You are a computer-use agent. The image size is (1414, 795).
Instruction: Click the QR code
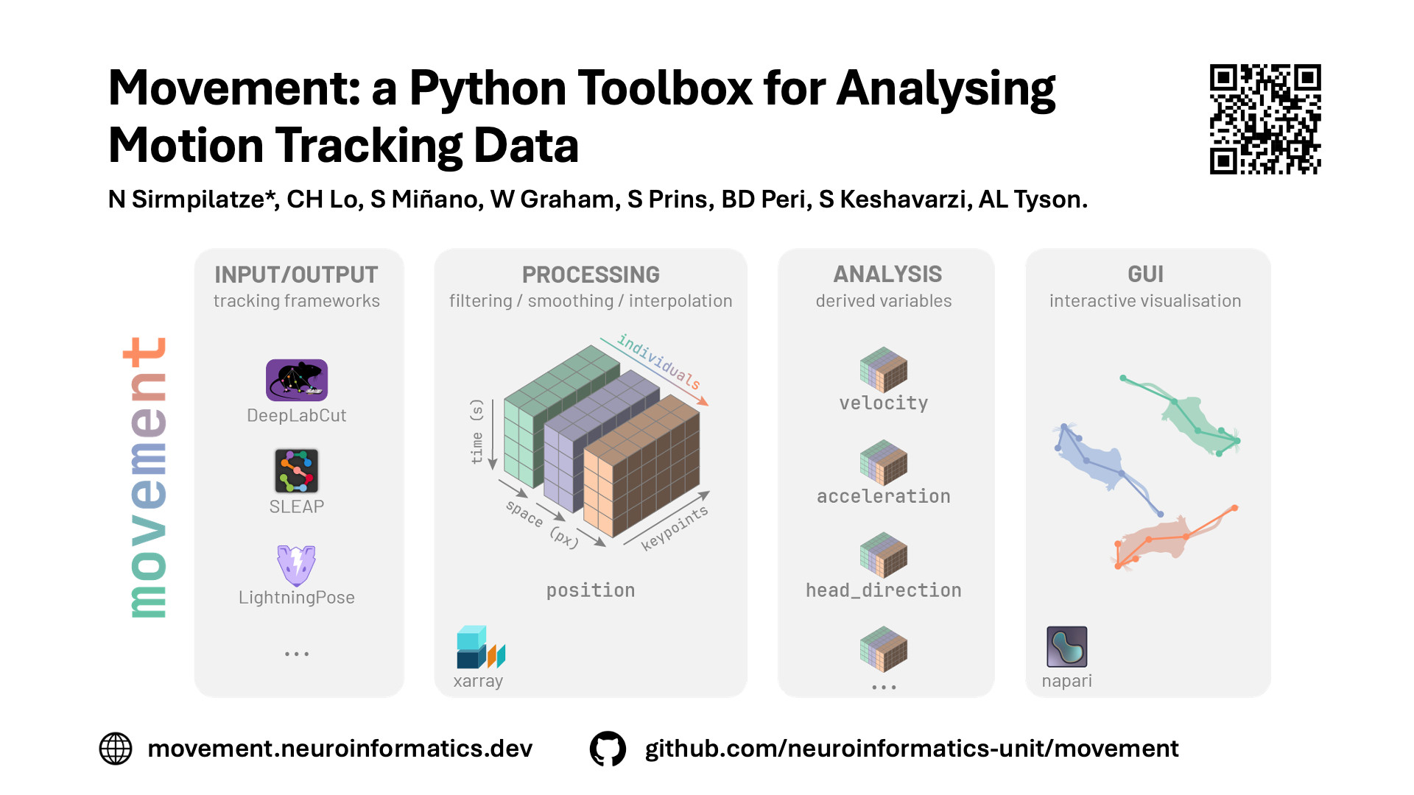[x=1265, y=119]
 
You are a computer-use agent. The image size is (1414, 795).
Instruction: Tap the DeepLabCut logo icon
[x=297, y=380]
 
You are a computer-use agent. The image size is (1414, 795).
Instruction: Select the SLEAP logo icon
[x=296, y=470]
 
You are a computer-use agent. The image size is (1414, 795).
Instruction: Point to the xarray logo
[x=480, y=647]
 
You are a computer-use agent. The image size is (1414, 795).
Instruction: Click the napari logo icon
[x=1066, y=646]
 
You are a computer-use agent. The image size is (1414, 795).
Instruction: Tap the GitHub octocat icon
[x=608, y=749]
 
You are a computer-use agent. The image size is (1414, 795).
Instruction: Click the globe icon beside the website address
[x=116, y=749]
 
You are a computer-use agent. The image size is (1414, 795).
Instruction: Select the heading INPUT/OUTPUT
[x=296, y=275]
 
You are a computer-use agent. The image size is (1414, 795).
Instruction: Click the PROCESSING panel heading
[x=591, y=275]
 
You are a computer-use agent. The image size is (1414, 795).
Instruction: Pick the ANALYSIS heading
[x=887, y=274]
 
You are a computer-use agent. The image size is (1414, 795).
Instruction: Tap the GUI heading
[x=1145, y=274]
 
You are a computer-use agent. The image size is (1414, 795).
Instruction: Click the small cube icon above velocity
[x=884, y=370]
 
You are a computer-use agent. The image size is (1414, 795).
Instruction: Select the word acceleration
[x=884, y=496]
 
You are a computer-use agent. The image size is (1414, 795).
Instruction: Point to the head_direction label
[x=884, y=590]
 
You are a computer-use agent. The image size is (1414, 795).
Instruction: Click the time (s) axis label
[x=476, y=431]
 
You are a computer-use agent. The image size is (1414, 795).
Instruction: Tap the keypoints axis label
[x=675, y=528]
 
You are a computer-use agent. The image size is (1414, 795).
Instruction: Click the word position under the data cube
[x=591, y=590]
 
